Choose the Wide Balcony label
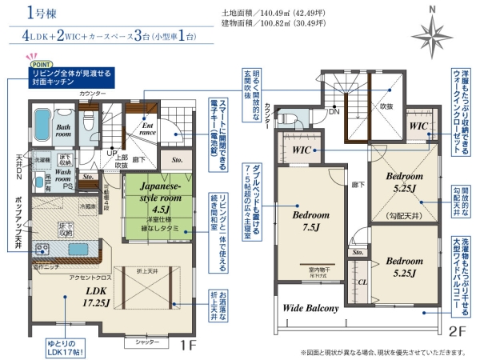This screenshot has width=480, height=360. (310, 308)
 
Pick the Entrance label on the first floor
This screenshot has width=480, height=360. (148, 128)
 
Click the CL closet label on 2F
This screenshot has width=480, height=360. (361, 281)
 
